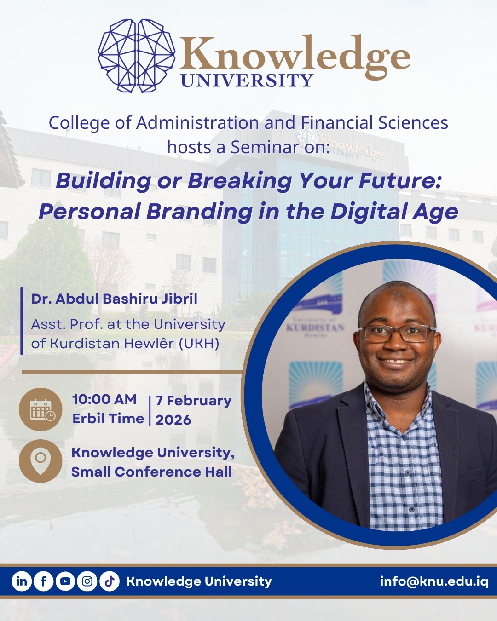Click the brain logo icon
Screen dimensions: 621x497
click(x=136, y=55)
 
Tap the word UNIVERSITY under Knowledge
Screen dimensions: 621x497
click(x=247, y=80)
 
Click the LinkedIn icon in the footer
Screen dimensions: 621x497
click(x=22, y=581)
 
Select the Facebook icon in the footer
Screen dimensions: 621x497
click(x=44, y=581)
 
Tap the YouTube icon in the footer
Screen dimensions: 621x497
click(x=65, y=581)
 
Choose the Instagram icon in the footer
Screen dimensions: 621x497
click(x=87, y=581)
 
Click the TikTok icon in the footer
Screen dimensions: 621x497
click(x=109, y=581)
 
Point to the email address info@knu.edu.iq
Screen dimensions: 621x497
click(x=434, y=581)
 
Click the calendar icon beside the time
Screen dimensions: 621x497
click(x=41, y=409)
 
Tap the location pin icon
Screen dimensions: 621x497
click(x=40, y=461)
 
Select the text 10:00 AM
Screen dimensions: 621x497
click(x=104, y=399)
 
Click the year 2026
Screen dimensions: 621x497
click(x=173, y=420)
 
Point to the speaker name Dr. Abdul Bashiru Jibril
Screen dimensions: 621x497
click(x=114, y=299)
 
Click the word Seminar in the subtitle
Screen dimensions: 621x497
click(x=265, y=147)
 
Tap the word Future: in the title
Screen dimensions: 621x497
click(x=400, y=180)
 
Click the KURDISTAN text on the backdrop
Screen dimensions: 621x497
click(x=315, y=328)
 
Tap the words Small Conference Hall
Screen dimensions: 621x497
click(x=151, y=472)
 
